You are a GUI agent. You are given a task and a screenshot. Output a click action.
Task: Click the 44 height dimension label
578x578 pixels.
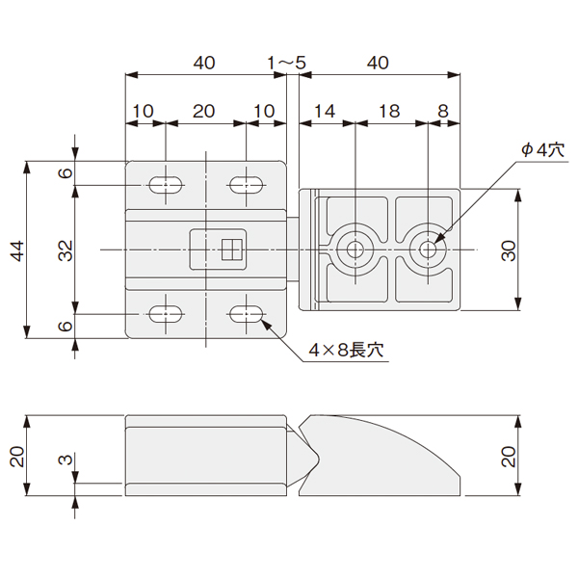click(x=17, y=251)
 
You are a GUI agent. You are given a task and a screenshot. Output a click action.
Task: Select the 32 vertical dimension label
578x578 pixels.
click(x=66, y=251)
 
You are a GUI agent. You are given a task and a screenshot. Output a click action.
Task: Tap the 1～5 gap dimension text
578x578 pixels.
click(x=287, y=63)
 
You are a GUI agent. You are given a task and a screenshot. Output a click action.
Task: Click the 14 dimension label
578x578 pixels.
click(x=326, y=112)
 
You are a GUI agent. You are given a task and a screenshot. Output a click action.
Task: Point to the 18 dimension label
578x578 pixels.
click(x=389, y=112)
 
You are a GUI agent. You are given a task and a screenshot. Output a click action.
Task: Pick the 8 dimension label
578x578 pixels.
click(x=443, y=112)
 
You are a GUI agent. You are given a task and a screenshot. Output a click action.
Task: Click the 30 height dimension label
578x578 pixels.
click(x=509, y=251)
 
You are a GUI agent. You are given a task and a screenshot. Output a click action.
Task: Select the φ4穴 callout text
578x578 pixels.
click(x=543, y=150)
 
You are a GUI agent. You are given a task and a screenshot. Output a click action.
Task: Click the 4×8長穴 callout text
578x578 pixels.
click(x=346, y=350)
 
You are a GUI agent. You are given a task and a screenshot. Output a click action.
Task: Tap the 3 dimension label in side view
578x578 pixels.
click(x=66, y=460)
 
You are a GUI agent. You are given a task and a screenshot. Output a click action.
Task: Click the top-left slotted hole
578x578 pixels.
click(x=167, y=185)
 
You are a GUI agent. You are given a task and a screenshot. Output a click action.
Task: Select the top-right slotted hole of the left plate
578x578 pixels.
click(x=247, y=185)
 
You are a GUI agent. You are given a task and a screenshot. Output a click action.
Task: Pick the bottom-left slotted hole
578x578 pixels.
click(x=167, y=314)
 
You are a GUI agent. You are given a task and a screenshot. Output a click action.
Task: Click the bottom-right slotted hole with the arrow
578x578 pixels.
click(x=247, y=314)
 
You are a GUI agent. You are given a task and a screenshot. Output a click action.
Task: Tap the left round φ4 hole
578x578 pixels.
click(x=355, y=250)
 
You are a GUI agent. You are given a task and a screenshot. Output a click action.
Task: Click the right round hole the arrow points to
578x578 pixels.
click(x=428, y=250)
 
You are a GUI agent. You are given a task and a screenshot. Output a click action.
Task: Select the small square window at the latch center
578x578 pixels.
click(x=232, y=250)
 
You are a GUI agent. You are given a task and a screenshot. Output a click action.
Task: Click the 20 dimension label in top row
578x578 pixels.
click(x=204, y=112)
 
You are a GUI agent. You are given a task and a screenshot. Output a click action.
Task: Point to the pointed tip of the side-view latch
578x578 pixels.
click(x=318, y=460)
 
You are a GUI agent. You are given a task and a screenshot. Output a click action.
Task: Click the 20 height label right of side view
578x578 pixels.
click(x=509, y=457)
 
